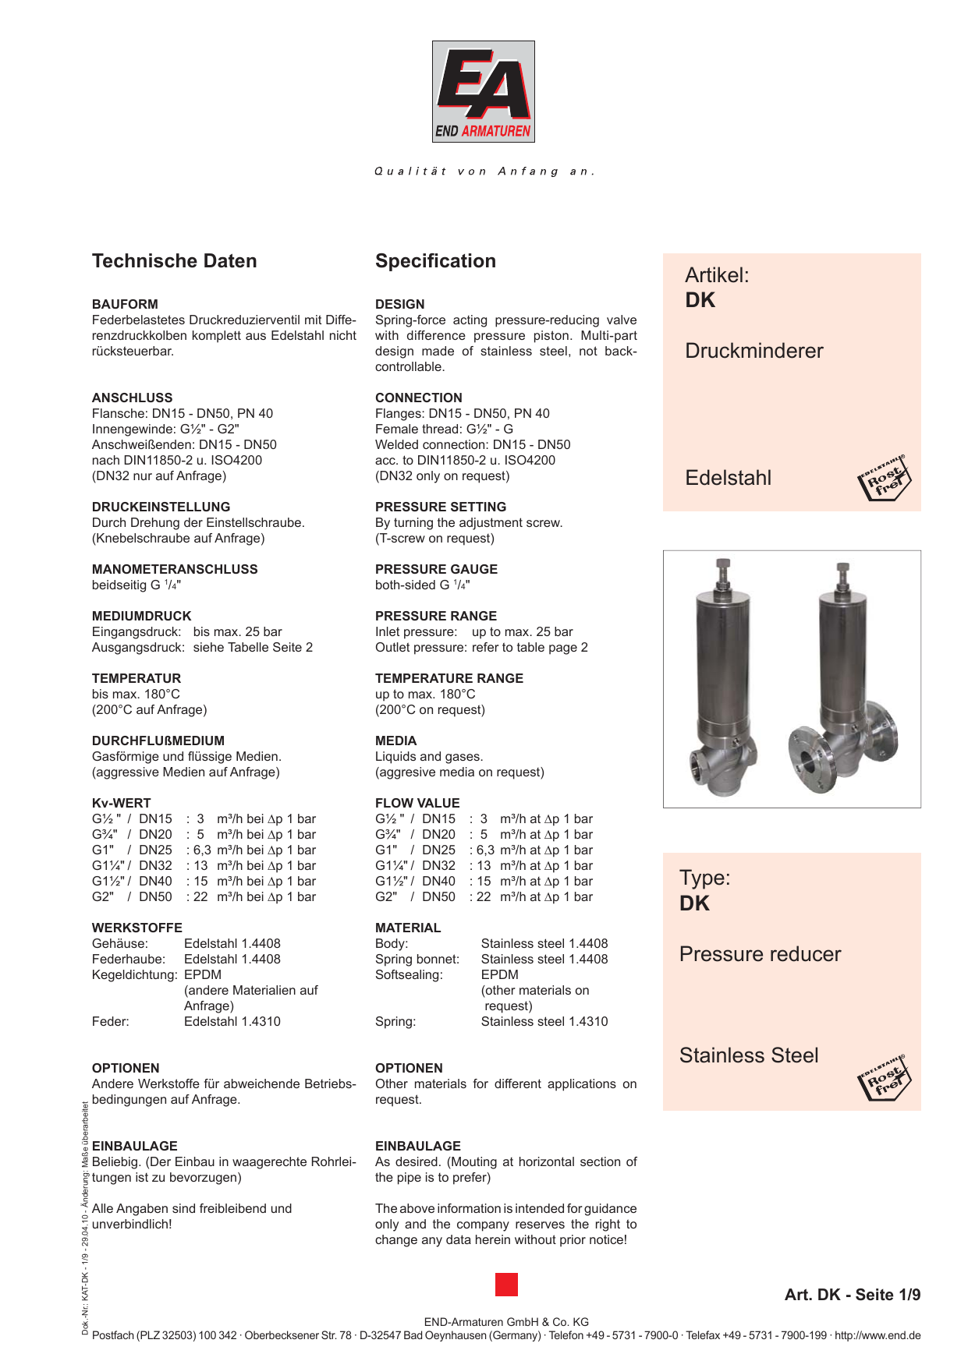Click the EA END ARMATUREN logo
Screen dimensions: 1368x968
[x=484, y=91]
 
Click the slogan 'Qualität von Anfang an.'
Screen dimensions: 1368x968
[x=484, y=171]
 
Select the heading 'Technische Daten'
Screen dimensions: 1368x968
[x=174, y=261]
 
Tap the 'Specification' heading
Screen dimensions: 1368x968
[x=435, y=261]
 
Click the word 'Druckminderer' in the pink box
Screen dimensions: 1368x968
[x=753, y=351]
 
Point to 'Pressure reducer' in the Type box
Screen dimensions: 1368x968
[x=760, y=954]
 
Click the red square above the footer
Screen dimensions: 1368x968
[x=506, y=1285]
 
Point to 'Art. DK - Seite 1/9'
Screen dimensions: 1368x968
[x=852, y=1295]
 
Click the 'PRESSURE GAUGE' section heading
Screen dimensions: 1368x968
[x=436, y=569]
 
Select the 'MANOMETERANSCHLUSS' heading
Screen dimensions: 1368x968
[x=175, y=569]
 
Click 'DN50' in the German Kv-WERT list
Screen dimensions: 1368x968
[x=155, y=897]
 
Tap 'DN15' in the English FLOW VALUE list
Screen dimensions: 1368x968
[x=438, y=819]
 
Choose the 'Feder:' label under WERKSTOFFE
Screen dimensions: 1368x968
[x=110, y=1022]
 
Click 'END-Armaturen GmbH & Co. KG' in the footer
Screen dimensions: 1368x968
[x=506, y=1322]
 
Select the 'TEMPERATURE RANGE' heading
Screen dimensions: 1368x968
[x=449, y=678]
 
